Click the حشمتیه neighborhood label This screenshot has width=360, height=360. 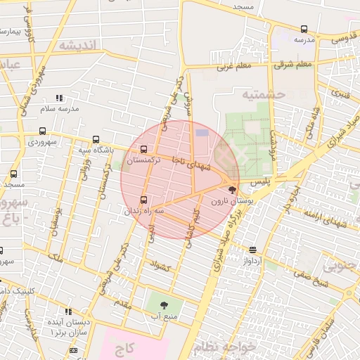coord(264,94)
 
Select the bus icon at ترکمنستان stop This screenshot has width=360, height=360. coord(144,149)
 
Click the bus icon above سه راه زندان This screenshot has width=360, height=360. coord(144,199)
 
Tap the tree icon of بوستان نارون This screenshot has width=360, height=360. coord(233,189)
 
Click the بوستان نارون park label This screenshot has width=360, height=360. coord(241,201)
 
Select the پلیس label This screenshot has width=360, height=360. coord(261,181)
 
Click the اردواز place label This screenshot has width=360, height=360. coord(252,260)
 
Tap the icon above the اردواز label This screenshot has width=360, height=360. coord(252,250)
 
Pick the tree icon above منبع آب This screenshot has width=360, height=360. coord(164,305)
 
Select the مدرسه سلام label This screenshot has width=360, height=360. coord(59,108)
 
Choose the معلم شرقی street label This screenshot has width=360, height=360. coord(294,65)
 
